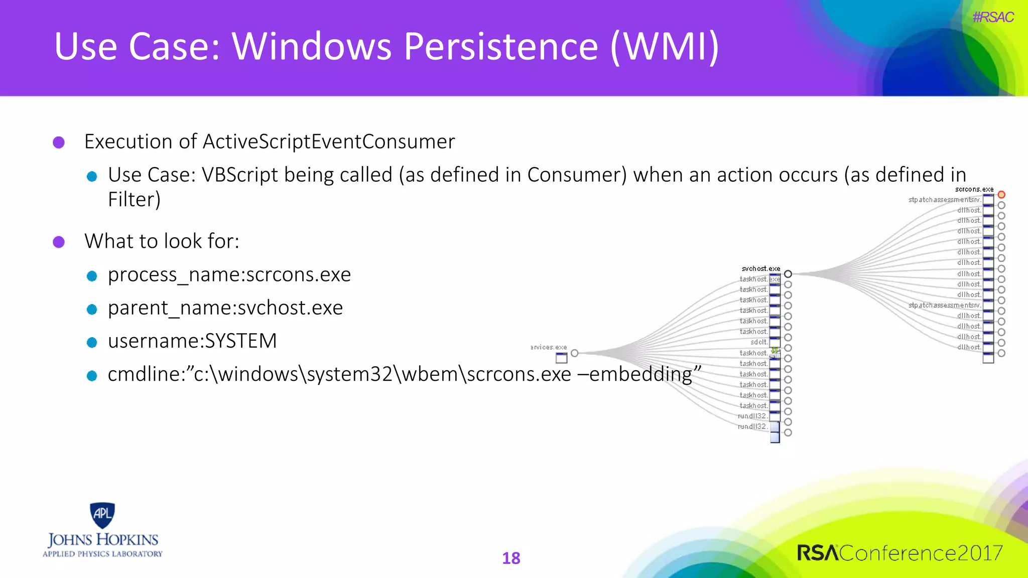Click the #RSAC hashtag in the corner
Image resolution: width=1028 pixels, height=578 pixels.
point(992,18)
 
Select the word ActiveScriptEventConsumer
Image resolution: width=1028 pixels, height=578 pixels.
point(328,142)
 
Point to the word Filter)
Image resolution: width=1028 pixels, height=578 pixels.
point(134,200)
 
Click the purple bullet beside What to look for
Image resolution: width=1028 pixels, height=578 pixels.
point(59,242)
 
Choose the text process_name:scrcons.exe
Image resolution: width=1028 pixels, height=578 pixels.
point(229,275)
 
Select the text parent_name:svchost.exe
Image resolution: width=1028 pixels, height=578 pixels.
point(225,308)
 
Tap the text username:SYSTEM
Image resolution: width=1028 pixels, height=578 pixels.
point(192,341)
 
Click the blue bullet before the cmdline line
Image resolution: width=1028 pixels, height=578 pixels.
point(91,376)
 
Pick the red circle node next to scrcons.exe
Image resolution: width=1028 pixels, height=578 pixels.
point(1001,195)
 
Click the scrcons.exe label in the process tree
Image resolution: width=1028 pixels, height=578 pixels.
point(974,189)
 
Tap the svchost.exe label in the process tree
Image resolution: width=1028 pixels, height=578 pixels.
point(760,269)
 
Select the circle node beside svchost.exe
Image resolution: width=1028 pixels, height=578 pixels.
point(788,274)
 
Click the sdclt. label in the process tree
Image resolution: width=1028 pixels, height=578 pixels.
point(758,342)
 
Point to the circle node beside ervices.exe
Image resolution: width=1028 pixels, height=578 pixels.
point(575,353)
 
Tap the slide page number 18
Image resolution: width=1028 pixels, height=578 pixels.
point(511,558)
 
